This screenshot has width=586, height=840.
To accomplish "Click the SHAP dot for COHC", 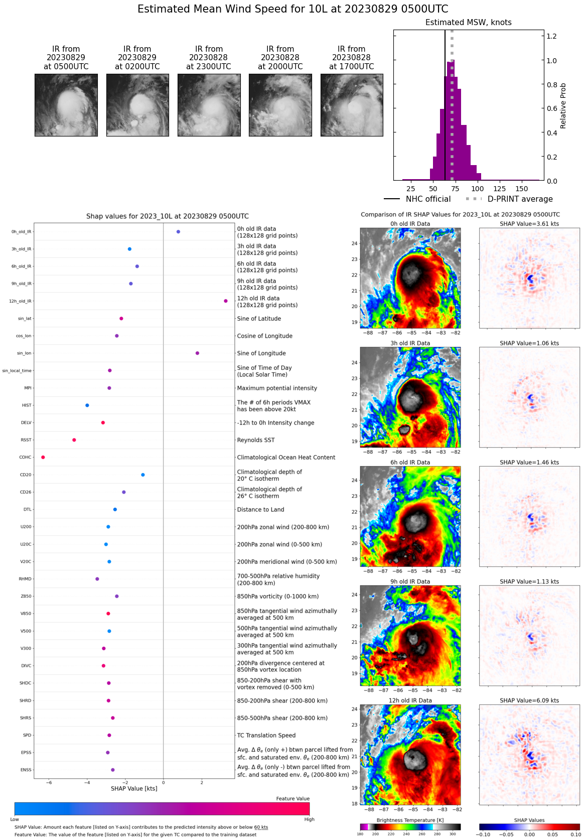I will click(x=43, y=457).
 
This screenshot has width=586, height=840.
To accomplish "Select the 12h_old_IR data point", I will click(x=226, y=301).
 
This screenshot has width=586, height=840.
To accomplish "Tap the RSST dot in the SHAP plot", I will click(x=74, y=440).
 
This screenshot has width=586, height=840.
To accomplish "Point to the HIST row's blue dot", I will click(x=87, y=405).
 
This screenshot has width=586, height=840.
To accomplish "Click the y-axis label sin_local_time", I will click(x=17, y=371).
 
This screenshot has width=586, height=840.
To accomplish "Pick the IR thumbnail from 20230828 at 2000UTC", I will click(x=280, y=105).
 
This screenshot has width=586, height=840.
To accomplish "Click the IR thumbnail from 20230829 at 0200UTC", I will click(x=137, y=105).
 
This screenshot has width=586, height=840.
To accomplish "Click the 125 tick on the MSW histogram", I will click(x=499, y=189).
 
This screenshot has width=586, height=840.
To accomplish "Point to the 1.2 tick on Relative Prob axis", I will click(x=551, y=36).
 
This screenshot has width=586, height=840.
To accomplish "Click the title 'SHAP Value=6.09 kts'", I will click(x=529, y=701).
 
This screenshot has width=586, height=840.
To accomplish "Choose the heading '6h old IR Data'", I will click(x=410, y=463).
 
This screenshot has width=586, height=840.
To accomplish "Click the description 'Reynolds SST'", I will click(x=256, y=440).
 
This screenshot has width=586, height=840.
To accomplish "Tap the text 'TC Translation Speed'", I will click(x=266, y=735).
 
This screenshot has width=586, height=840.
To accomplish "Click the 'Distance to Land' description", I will click(x=260, y=509).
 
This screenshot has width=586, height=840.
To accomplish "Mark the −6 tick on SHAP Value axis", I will click(x=49, y=782).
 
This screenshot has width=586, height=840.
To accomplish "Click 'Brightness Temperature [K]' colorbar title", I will click(x=410, y=820).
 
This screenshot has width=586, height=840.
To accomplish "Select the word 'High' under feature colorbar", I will click(x=309, y=819).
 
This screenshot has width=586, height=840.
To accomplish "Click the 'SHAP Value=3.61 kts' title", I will click(x=529, y=224).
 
